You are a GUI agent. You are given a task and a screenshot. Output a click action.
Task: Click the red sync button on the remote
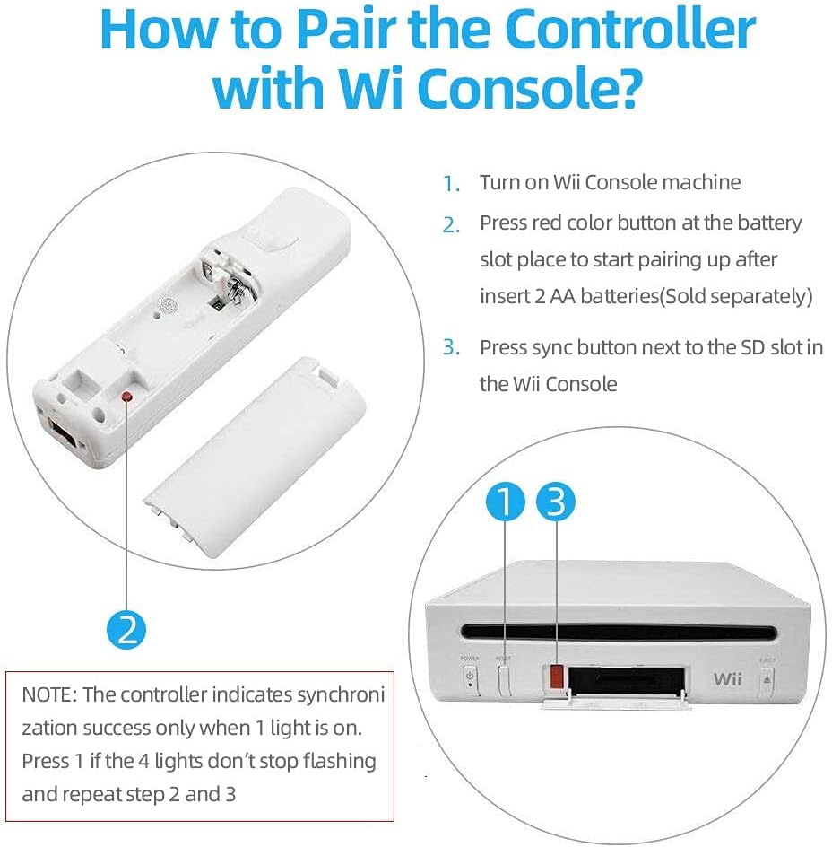tap(127, 397)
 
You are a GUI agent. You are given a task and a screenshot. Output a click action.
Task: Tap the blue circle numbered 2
tap(126, 630)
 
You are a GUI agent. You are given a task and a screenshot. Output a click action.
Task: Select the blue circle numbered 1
tap(506, 502)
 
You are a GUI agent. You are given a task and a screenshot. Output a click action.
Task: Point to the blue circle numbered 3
tap(556, 502)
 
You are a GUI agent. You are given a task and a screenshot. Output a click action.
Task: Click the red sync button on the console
tap(557, 677)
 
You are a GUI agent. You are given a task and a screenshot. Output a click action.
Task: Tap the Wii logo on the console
tap(727, 678)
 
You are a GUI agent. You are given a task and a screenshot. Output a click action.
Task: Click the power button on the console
tap(470, 678)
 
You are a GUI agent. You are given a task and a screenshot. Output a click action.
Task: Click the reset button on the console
tap(503, 681)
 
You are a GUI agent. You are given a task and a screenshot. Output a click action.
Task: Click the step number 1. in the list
tap(451, 184)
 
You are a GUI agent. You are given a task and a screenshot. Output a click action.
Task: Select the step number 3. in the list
tap(451, 347)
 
